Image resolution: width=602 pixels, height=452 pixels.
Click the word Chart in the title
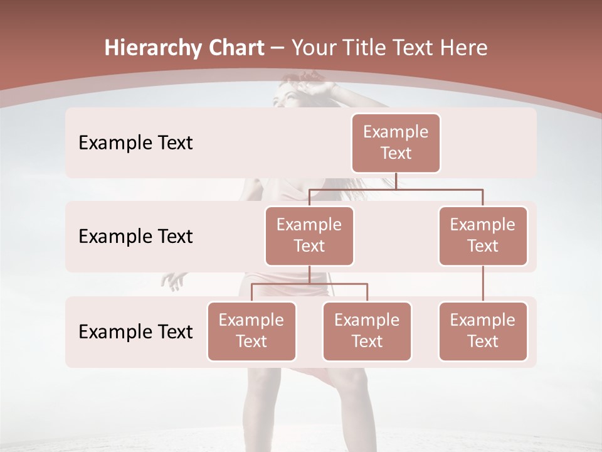tap(236, 48)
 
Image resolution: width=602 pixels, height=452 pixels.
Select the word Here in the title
tap(466, 48)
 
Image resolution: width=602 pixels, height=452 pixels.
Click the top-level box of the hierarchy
tap(396, 143)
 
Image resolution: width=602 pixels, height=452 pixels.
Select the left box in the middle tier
tap(309, 235)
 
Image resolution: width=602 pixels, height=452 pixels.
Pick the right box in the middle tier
tap(483, 235)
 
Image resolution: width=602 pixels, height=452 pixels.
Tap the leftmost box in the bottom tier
tap(251, 331)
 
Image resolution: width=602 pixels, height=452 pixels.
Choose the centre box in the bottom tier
tap(367, 331)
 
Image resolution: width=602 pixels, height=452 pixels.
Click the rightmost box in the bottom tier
tap(483, 331)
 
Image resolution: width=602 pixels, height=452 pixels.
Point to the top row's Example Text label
tap(135, 143)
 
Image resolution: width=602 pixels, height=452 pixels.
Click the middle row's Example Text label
tap(135, 236)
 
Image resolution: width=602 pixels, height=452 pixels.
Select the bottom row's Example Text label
tap(135, 331)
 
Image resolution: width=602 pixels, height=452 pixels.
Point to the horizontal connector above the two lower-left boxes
tap(309, 284)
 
